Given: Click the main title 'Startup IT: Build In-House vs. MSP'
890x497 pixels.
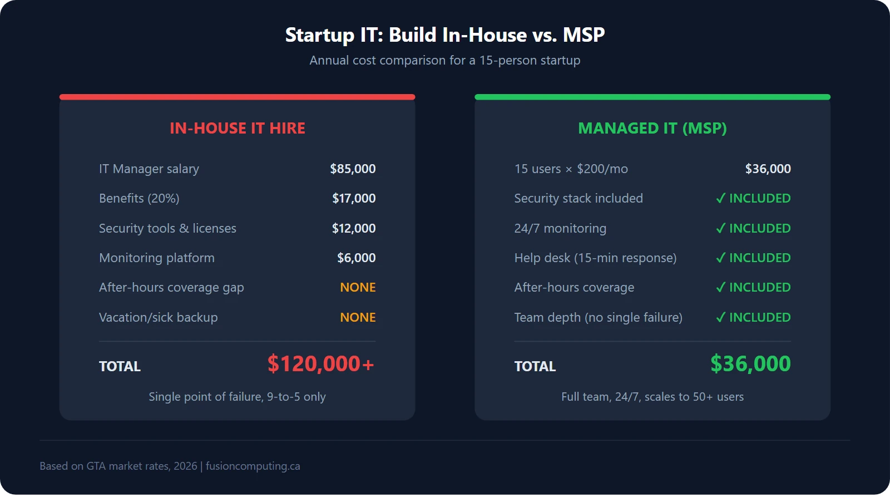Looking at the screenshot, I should [444, 35].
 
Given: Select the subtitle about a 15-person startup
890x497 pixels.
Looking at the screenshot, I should [444, 60].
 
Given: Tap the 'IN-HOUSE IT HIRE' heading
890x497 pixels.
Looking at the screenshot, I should [237, 128].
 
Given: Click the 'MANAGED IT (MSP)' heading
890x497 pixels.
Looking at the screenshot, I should [652, 128].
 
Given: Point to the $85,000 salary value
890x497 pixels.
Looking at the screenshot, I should [353, 169].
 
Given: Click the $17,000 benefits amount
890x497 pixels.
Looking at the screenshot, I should [354, 198].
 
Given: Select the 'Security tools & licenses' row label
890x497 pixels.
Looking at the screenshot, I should [167, 228].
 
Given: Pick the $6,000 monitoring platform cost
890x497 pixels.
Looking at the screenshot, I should [356, 258].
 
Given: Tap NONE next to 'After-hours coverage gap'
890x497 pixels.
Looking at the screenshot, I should [358, 287].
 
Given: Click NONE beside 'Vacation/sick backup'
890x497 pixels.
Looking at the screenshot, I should [358, 317].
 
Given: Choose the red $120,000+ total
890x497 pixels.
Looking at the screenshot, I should [320, 364].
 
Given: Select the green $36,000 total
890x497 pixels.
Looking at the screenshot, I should [750, 364].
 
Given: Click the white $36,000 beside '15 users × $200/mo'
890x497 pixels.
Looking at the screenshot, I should [768, 169].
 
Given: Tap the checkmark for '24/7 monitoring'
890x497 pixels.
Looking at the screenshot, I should [721, 228].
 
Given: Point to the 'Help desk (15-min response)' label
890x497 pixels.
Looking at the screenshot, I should [595, 258].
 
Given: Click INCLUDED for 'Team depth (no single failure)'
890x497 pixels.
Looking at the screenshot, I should [759, 317].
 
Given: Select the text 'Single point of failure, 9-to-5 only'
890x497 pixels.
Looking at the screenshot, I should [237, 397].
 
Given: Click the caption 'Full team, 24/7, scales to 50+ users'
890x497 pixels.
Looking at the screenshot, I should [652, 397].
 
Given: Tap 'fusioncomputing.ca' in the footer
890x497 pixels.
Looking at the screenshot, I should [253, 466].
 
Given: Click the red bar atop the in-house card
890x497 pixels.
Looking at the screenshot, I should [237, 97].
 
